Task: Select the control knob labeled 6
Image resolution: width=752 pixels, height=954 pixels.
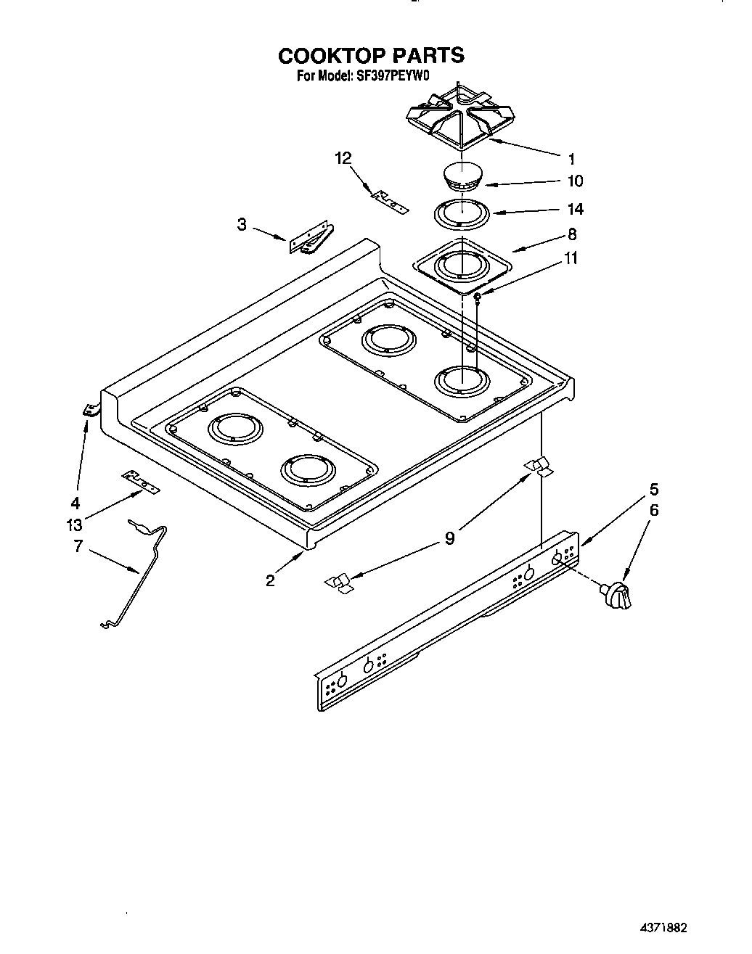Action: click(616, 596)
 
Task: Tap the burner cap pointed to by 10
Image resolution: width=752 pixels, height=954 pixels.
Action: click(462, 178)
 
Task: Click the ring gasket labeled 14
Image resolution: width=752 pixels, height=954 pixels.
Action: click(461, 215)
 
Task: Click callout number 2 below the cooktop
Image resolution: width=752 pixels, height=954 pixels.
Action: click(270, 580)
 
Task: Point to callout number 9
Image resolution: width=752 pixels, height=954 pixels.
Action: click(450, 538)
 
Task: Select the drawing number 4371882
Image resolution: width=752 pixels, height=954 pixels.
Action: click(663, 928)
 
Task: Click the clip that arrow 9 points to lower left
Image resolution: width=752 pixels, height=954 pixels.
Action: click(338, 583)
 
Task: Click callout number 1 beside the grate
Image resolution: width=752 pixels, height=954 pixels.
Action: click(572, 158)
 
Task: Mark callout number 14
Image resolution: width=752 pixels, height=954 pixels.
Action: click(575, 209)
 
